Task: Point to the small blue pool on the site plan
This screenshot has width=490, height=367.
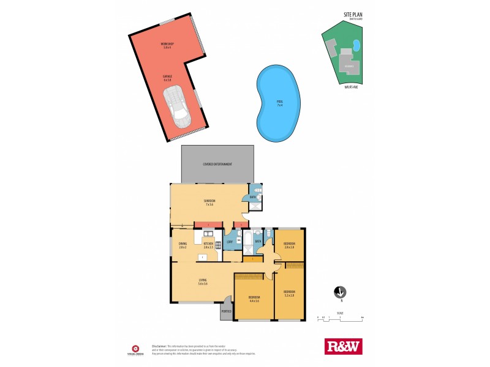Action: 356,45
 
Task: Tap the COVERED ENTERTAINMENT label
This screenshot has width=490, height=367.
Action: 216,165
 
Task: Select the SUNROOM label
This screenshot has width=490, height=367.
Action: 209,201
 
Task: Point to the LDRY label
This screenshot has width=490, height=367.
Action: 229,242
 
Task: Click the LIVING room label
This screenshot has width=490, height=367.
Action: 203,280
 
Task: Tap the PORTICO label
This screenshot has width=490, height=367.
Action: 226,316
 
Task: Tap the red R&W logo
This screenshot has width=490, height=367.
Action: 342,346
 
